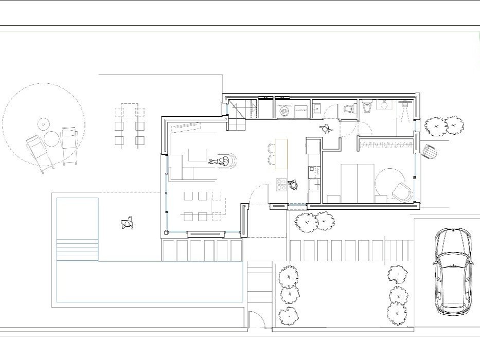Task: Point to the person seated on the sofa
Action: click(222, 161)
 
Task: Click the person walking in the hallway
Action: click(325, 129)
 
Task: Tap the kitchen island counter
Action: click(281, 153)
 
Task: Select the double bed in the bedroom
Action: click(358, 183)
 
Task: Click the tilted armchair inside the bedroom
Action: click(401, 192)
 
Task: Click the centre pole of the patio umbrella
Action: click(43, 124)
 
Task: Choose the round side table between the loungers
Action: click(51, 138)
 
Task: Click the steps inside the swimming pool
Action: click(77, 250)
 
